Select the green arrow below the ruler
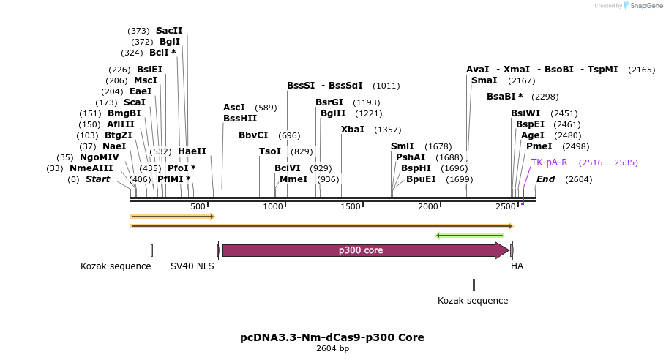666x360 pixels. (469, 236)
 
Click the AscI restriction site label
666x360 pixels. (234, 108)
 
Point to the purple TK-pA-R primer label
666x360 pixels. (549, 162)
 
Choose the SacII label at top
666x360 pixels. (169, 31)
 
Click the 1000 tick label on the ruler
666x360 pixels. (273, 207)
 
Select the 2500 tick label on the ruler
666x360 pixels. (505, 207)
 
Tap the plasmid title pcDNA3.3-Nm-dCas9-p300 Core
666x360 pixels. (332, 337)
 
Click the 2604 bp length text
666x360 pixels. (332, 349)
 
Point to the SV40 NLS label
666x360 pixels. (192, 266)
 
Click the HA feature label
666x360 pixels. (517, 266)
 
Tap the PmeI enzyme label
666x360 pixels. (539, 146)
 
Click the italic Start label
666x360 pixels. (98, 179)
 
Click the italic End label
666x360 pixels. (546, 179)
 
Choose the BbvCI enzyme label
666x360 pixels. (253, 135)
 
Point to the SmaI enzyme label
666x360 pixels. (484, 80)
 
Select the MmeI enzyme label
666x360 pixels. (293, 179)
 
